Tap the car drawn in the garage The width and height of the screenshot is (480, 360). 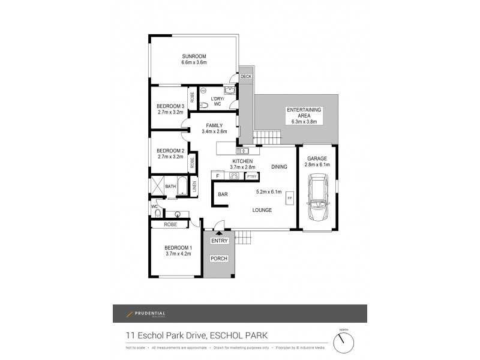pos(317,197)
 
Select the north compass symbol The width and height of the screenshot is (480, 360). pos(343,343)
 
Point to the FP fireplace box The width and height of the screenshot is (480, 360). pos(289,198)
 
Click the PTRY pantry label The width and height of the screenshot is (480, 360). pos(251,176)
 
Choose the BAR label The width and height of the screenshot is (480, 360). pos(223,194)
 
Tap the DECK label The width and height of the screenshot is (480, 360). pos(246,77)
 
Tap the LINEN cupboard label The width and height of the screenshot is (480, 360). pos(194,187)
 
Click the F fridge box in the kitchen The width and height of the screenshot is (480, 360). pos(217,176)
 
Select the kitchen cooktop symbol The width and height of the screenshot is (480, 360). pos(234,176)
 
